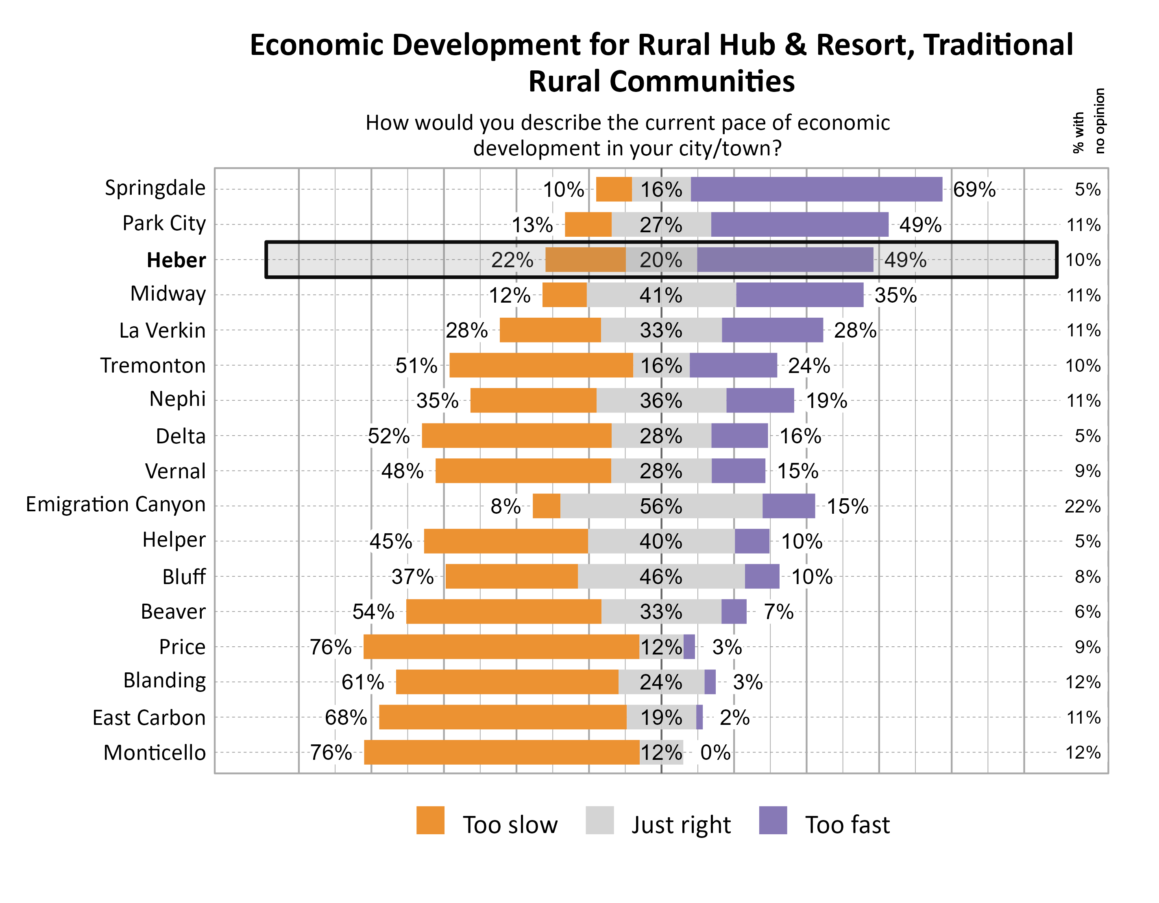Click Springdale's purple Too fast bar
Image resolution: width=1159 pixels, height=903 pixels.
pos(816,190)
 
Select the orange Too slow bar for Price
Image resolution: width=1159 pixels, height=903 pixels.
pos(501,647)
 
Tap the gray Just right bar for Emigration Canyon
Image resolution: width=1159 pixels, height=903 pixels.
pos(661,506)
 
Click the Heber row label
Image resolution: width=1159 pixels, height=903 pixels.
pos(176,260)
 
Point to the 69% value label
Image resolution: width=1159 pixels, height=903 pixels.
pos(974,190)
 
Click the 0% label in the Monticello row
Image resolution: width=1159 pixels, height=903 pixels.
pos(715,752)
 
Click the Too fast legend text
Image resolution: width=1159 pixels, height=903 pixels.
pos(847,824)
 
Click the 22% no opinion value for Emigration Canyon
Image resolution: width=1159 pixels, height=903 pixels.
pos(1082,506)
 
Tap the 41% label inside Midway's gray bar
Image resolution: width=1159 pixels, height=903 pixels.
pos(661,295)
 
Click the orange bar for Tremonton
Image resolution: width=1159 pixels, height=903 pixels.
pos(541,365)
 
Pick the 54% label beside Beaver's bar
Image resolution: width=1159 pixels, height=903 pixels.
pos(373,611)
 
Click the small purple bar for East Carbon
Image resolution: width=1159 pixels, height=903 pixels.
pos(699,717)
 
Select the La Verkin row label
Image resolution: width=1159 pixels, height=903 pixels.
pos(162,330)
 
